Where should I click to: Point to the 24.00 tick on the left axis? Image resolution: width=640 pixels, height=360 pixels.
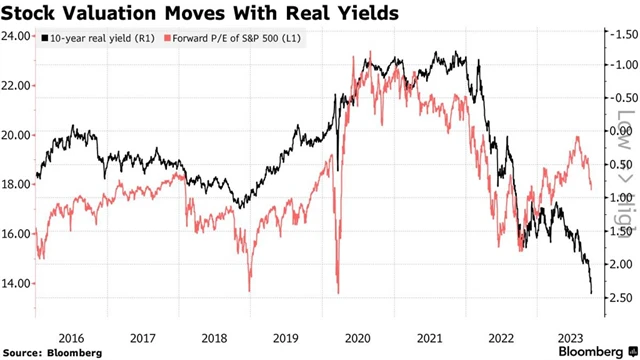(x=17, y=36)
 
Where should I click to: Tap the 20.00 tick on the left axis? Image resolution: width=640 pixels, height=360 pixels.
(x=17, y=135)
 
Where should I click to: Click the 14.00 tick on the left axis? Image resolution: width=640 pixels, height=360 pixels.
(x=17, y=283)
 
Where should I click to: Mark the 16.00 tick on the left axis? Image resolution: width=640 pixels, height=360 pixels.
(x=17, y=234)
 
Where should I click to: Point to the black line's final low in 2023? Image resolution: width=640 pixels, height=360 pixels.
(x=591, y=293)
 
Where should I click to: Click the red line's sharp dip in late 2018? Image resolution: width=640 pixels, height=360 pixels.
(x=248, y=289)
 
